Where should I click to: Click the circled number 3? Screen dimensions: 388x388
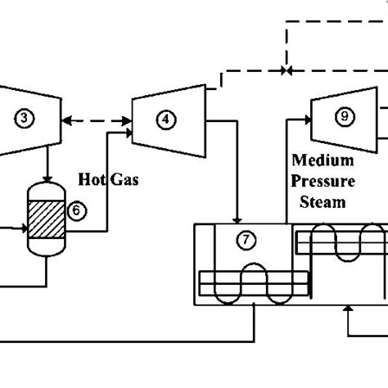point(26,119)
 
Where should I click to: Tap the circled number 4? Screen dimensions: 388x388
point(167,119)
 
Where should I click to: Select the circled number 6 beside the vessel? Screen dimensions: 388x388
point(75,210)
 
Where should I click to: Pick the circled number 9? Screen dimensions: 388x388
point(342,117)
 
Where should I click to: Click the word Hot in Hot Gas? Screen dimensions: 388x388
point(92,178)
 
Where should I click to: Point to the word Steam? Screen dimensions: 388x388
point(319,201)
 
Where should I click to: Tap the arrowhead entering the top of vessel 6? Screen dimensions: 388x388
point(47,178)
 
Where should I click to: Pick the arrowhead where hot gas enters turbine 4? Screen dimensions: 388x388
point(128,129)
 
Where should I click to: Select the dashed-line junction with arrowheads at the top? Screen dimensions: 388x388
point(286,70)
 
